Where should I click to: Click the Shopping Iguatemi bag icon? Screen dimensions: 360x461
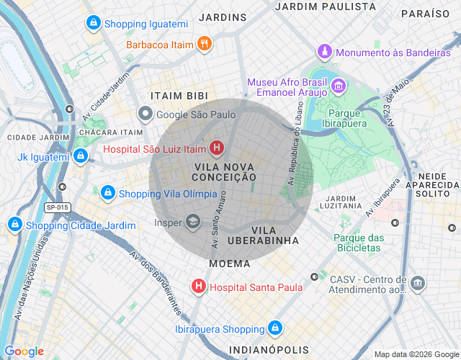click(x=92, y=24)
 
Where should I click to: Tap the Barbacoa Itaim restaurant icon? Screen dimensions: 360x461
click(x=205, y=45)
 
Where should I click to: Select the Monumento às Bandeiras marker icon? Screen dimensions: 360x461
click(x=326, y=53)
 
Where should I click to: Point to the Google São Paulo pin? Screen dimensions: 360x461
click(x=146, y=114)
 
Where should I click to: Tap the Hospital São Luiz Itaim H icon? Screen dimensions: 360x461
click(x=216, y=150)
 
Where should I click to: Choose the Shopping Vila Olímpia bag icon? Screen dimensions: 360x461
click(x=108, y=193)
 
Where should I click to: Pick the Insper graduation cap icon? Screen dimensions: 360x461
click(x=193, y=222)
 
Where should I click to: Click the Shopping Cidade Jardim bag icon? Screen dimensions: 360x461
click(x=15, y=225)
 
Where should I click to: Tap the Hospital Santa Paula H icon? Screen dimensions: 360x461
click(x=198, y=287)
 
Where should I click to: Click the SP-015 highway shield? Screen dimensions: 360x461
click(x=58, y=208)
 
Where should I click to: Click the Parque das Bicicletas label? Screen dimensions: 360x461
click(x=359, y=243)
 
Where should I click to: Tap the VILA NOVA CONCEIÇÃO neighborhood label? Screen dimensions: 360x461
click(x=225, y=171)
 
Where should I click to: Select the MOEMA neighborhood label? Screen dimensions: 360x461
click(x=230, y=264)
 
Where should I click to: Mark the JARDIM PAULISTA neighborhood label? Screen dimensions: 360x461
click(x=326, y=6)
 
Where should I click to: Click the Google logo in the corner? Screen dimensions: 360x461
click(x=24, y=351)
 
